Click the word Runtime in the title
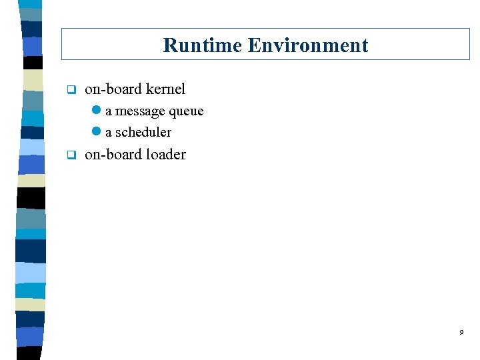point(203,45)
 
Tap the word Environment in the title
point(307,45)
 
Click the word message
point(140,111)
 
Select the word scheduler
point(143,132)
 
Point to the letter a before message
point(109,111)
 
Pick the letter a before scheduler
point(109,132)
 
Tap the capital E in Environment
point(253,45)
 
